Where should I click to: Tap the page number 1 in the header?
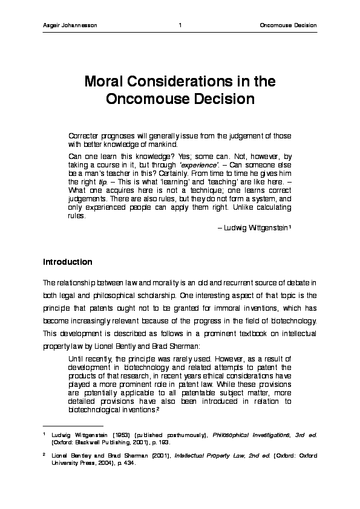(x=180, y=25)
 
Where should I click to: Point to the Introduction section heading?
(x=67, y=262)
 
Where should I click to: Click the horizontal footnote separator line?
(x=65, y=424)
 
